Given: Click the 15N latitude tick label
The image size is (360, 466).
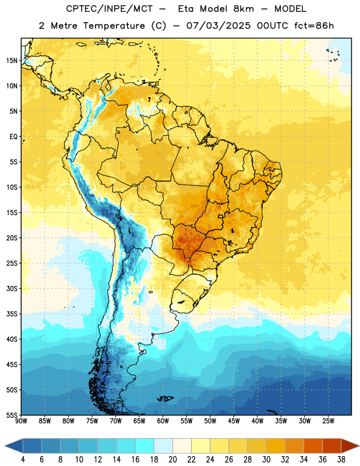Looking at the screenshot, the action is tap(12, 61).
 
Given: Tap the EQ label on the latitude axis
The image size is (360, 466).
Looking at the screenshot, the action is tap(13, 137).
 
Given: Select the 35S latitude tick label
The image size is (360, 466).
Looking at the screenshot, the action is tap(12, 314).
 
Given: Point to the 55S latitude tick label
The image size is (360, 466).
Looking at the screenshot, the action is tap(12, 415).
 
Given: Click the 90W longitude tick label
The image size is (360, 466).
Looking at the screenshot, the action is tap(21, 421).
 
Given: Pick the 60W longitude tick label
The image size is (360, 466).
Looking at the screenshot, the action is tap(163, 421).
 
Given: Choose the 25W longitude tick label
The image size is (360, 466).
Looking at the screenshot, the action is tap(328, 421).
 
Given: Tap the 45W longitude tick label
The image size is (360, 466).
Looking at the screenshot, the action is tap(234, 421).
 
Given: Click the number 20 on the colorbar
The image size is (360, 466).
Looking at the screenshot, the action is tap(172, 460).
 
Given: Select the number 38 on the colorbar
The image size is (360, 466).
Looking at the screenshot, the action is tap(341, 460).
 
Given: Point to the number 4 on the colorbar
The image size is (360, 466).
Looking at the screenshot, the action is tap(23, 460).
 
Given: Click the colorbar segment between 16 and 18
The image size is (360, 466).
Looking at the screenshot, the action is tap(145, 446).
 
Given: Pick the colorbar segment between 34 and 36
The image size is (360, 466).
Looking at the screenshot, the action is tap(313, 446).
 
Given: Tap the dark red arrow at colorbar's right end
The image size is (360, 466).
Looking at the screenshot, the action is tap(350, 446).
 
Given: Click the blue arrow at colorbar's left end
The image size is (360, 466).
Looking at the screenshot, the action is tap(14, 446).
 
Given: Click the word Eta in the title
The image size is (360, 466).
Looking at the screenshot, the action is tap(185, 9).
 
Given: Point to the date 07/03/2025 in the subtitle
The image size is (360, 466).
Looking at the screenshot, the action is tap(218, 26).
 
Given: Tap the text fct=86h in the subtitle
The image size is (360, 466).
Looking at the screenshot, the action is tap(314, 26).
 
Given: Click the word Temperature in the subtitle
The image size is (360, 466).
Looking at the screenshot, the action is tap(114, 26).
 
